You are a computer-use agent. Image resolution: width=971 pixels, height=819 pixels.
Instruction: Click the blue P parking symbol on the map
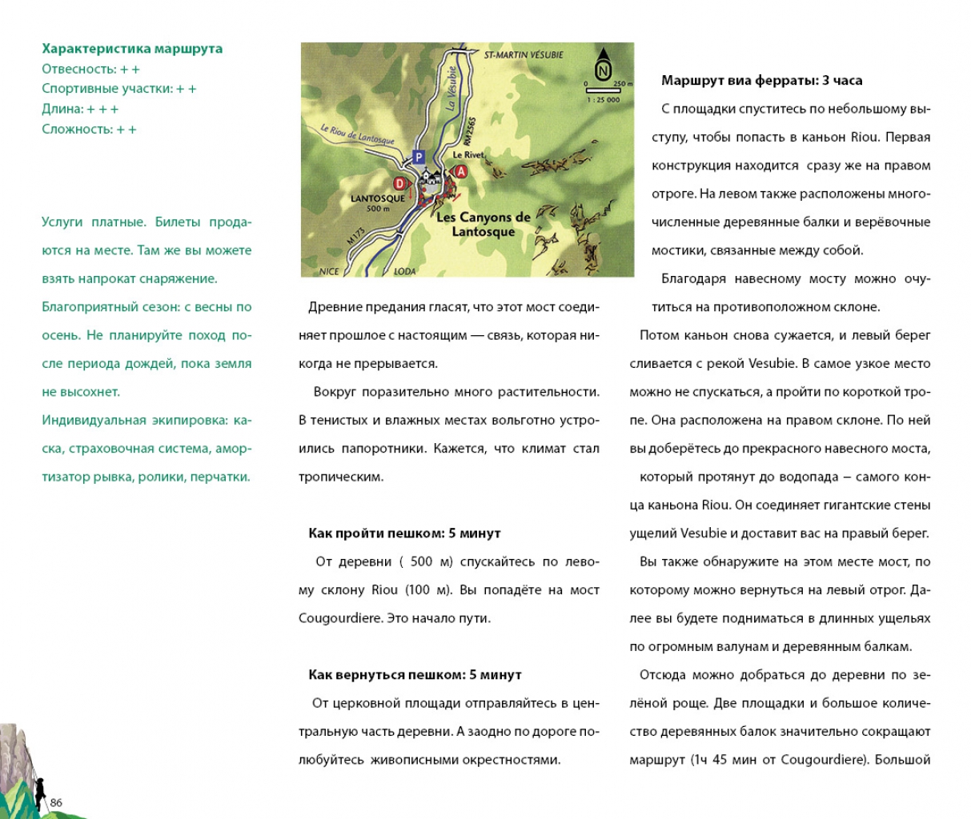click(x=418, y=157)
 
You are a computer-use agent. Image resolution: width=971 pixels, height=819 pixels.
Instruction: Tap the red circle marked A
click(x=460, y=171)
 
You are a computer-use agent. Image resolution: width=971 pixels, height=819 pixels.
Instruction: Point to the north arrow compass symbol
click(x=603, y=63)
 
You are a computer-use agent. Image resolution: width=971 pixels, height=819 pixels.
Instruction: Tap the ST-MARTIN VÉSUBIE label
click(x=524, y=55)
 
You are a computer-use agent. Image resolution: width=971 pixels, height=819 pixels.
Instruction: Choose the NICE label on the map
click(x=329, y=271)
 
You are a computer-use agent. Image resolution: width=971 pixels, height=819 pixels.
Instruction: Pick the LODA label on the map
click(x=405, y=271)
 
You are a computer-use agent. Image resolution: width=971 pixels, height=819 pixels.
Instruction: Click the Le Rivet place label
click(x=468, y=155)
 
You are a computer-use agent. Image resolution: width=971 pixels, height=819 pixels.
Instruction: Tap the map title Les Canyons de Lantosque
click(x=483, y=224)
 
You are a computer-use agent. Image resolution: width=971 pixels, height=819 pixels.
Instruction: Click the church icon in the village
click(x=434, y=178)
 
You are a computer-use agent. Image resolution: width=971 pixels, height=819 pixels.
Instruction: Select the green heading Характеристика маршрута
click(x=132, y=49)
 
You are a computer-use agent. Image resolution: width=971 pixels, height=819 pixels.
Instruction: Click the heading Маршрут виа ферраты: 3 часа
click(x=761, y=80)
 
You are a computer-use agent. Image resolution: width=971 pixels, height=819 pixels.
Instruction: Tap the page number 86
click(x=56, y=802)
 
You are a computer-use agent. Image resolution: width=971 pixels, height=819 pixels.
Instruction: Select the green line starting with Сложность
click(x=89, y=129)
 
